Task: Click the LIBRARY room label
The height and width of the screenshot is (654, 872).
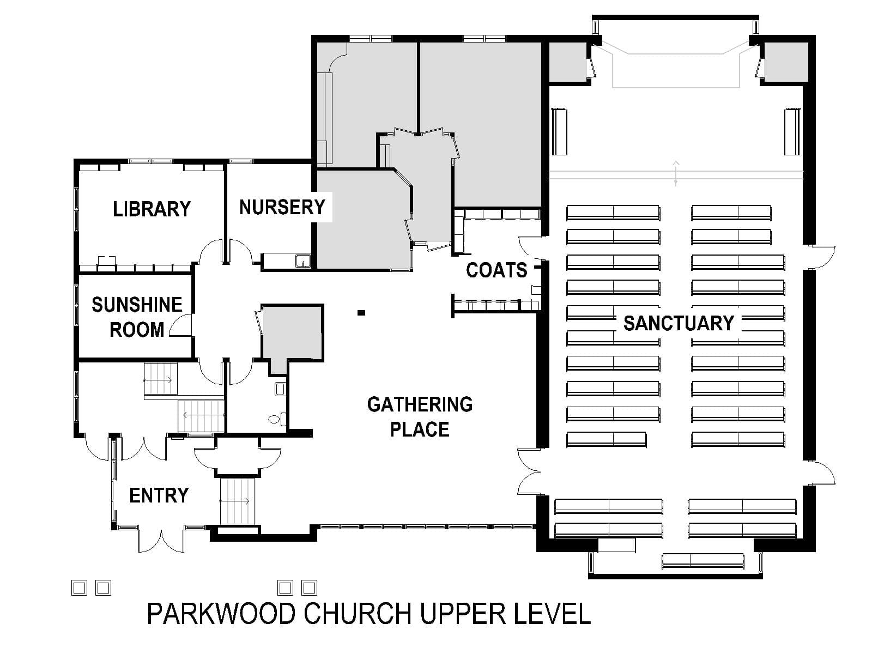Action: coord(152,209)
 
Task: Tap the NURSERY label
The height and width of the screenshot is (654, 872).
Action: coord(282,207)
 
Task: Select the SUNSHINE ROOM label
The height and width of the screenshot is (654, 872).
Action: coord(137,317)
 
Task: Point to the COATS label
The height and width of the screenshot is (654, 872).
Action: coord(496,270)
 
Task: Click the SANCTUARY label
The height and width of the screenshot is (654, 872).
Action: coord(679,323)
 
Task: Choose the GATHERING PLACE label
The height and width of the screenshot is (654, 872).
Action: coord(420,416)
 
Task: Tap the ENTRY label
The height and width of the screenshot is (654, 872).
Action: coord(159,495)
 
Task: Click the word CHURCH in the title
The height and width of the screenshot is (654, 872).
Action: coord(358,614)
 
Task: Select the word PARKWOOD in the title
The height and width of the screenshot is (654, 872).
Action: coord(221,614)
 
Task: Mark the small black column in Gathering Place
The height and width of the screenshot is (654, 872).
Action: coord(361,313)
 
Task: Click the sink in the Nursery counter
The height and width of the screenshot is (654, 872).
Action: coord(302,261)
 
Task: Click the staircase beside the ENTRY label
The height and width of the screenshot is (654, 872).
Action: coord(237,501)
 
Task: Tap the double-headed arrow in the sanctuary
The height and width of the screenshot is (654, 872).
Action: coord(676,173)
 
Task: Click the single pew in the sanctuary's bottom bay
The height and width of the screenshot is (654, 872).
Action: coord(703,561)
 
